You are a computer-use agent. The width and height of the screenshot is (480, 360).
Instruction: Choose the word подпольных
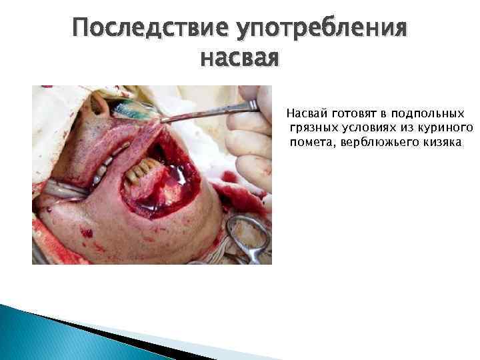click(x=427, y=114)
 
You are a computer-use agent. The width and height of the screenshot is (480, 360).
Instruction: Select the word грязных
click(x=311, y=128)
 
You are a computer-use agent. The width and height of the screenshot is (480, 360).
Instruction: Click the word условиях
click(x=365, y=128)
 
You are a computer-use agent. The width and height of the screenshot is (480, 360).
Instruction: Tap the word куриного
click(x=444, y=128)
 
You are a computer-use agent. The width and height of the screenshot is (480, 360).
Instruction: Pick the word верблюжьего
click(x=376, y=143)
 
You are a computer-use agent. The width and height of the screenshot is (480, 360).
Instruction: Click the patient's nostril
click(x=100, y=103)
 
